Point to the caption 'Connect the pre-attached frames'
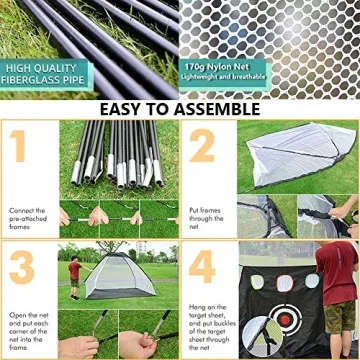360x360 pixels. (x=27, y=218)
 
